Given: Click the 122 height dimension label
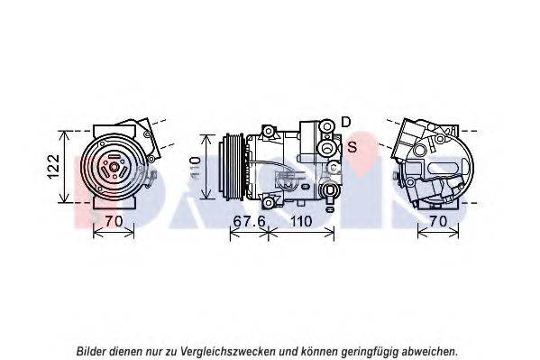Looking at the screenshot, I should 53,164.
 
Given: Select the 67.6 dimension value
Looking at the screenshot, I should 248,219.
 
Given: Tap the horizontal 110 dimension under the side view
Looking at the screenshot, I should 300,219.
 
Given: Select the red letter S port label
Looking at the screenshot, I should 352,146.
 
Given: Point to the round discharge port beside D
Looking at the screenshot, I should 326,128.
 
